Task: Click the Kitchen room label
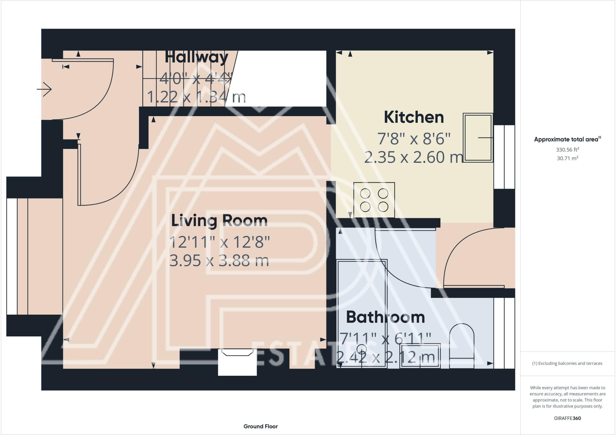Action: coord(414,117)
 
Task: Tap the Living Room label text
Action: coord(219,221)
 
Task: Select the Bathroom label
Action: coord(385,317)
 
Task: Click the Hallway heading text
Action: coord(196,57)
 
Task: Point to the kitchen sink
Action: coord(478,138)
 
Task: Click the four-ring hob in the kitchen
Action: coord(374,200)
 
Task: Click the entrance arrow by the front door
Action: coord(44,89)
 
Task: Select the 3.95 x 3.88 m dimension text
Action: coord(219,261)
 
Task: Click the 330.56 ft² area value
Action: coord(567,150)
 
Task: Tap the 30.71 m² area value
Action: coord(567,158)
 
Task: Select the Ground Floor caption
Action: coord(260,426)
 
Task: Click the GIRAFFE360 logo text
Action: coord(567,418)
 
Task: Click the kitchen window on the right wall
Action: coord(504,157)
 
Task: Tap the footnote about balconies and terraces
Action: coord(567,363)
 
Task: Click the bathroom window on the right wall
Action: coord(504,333)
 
